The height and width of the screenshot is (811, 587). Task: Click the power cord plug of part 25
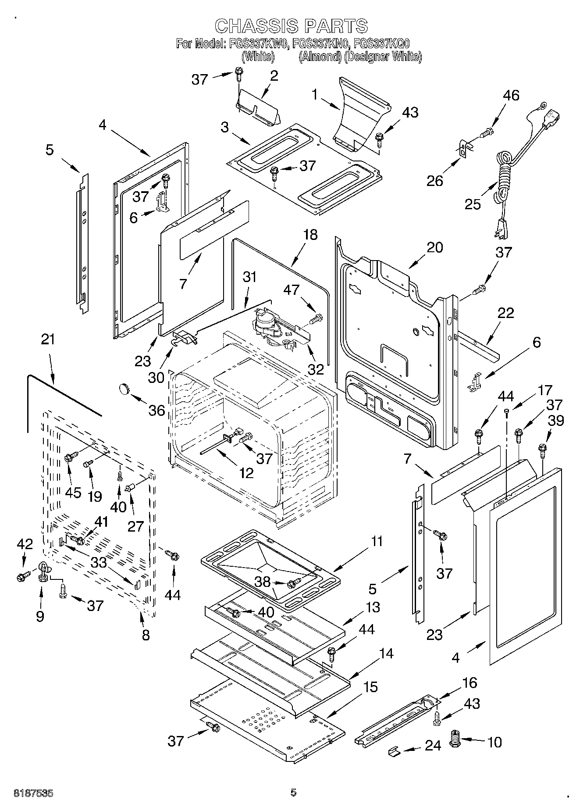pos(500,234)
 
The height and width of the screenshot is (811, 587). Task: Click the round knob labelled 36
pos(124,388)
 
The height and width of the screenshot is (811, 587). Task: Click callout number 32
pos(315,369)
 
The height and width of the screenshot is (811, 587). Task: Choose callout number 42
pos(25,544)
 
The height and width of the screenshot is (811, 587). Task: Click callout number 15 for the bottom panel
pos(370,686)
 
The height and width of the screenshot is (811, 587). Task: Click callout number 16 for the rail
pos(469,682)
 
